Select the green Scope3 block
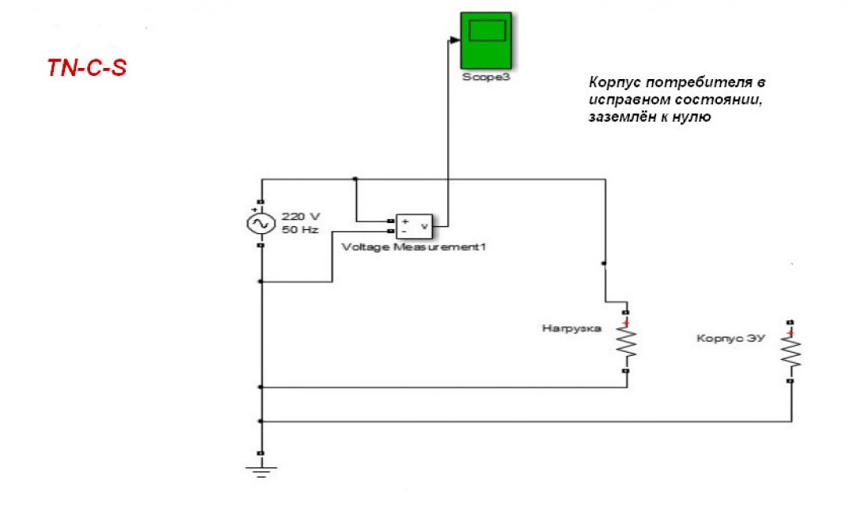coord(486,40)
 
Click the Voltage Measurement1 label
coord(413,247)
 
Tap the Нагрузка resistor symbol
coord(626,342)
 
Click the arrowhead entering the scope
coord(454,40)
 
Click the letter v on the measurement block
coord(425,227)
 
